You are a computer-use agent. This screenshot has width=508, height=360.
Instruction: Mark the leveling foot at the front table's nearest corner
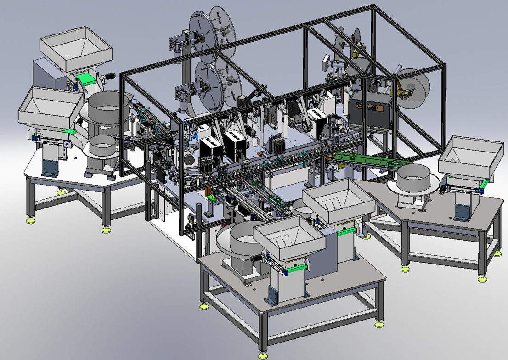(264, 356)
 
